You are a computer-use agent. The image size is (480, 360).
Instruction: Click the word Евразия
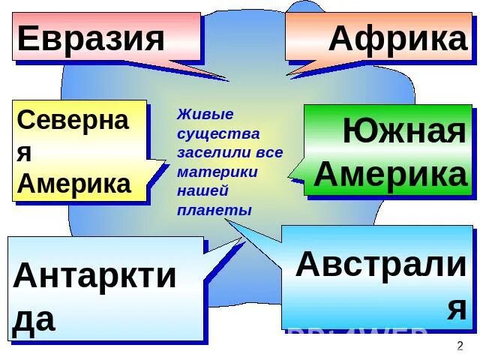point(91,37)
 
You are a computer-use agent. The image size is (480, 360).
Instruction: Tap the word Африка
point(397,38)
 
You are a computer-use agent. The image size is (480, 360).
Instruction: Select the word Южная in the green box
point(404,133)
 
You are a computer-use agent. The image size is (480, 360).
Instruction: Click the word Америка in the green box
point(391,174)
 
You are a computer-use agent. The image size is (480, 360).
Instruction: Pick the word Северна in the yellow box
point(73,120)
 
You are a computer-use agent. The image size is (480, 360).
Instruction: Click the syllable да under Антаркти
point(34,318)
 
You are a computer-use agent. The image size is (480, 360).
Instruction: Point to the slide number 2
point(460,346)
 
